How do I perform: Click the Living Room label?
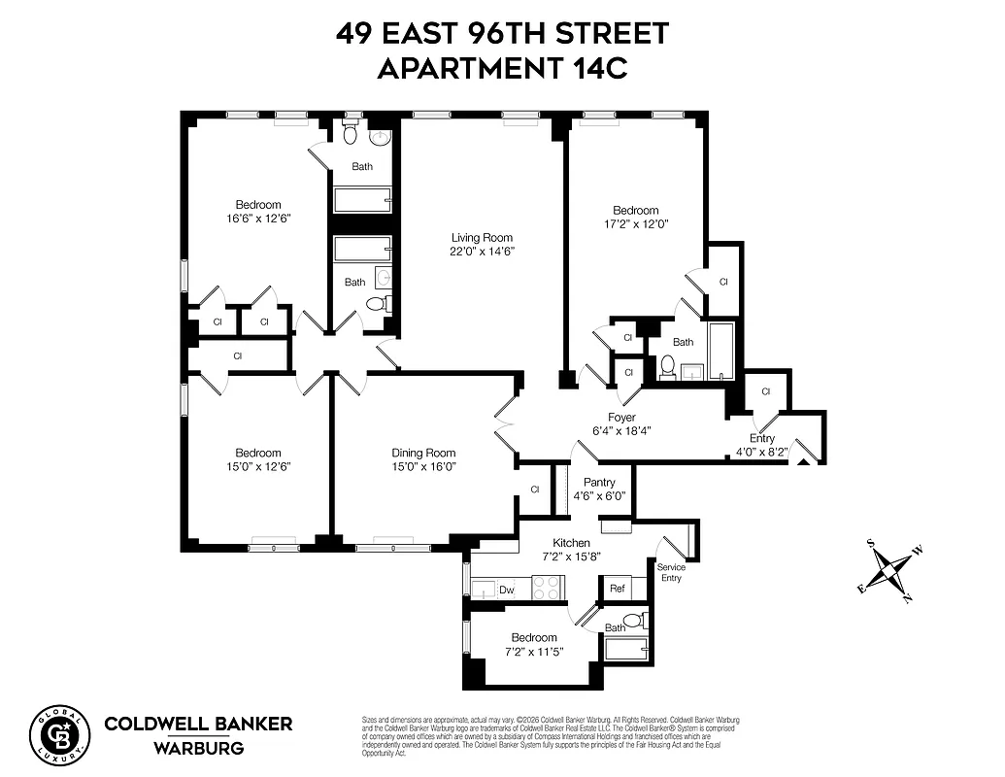pos(481,237)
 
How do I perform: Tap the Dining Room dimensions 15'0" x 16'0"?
pos(423,466)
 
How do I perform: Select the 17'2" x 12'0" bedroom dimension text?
pos(635,223)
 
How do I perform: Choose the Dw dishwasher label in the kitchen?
pos(506,589)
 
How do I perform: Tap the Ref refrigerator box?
pos(617,589)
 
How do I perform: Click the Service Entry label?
pos(670,572)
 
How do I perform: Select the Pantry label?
pos(599,482)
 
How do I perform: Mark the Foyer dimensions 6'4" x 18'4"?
pos(621,431)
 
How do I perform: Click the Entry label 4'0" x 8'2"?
pos(761,445)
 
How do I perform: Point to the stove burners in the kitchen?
pos(547,588)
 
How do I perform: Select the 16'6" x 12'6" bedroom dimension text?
pos(258,219)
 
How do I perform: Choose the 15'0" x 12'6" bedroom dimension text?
pos(258,466)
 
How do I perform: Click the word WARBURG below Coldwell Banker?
pos(198,748)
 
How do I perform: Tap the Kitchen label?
pos(571,542)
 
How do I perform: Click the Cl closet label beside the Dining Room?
pos(535,490)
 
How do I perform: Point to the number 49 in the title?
pos(355,33)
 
